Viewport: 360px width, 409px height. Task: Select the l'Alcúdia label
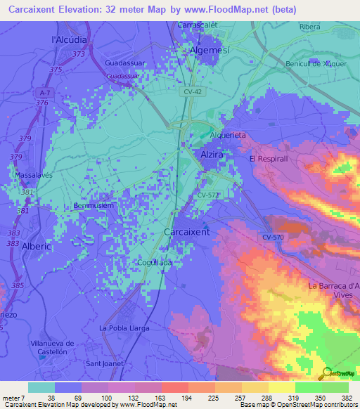[x=69, y=39]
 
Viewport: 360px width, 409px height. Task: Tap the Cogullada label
[x=153, y=262]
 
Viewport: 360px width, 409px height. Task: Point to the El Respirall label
[x=268, y=159]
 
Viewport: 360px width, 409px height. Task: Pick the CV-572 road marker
[x=208, y=195]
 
